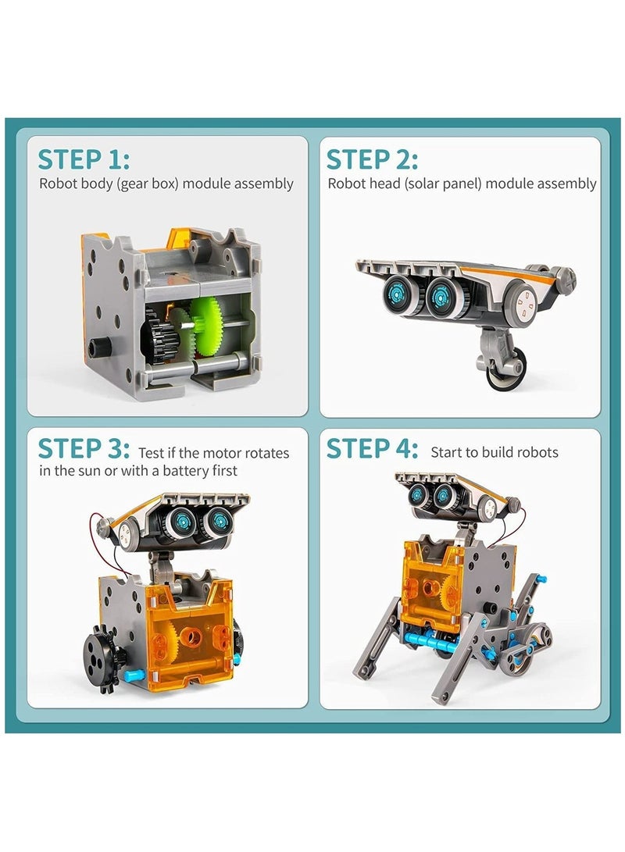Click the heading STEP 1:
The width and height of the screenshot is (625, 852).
pyautogui.click(x=84, y=159)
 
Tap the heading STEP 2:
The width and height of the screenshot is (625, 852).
pyautogui.click(x=372, y=159)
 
